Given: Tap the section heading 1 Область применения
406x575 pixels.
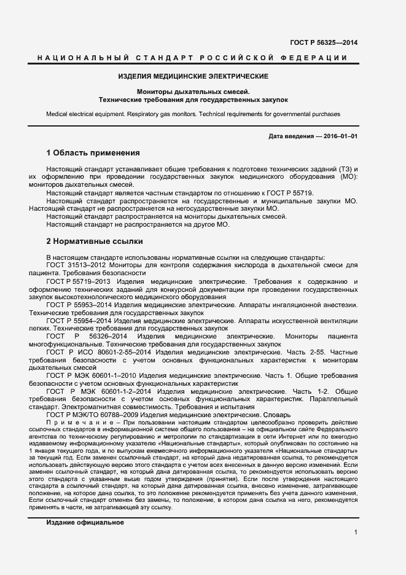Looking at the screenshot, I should tap(93, 152).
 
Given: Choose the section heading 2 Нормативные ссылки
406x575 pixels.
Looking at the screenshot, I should tap(95, 241).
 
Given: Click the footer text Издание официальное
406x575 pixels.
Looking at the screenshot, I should tap(85, 522).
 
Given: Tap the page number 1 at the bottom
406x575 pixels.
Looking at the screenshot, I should tap(356, 533).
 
